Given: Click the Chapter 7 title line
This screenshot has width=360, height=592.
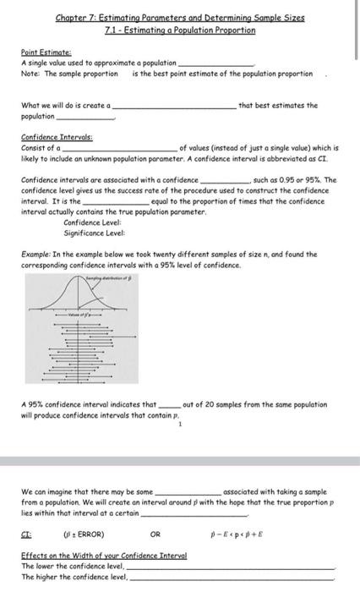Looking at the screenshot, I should (180, 18).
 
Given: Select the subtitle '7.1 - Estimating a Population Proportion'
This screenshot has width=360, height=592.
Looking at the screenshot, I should (180, 30).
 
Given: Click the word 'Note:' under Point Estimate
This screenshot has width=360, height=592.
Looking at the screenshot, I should (31, 74).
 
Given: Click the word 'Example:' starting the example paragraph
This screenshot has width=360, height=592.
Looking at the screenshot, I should (38, 254).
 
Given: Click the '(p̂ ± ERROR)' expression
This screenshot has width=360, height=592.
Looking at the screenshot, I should (84, 534).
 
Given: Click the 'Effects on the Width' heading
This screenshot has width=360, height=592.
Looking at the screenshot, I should (104, 556).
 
